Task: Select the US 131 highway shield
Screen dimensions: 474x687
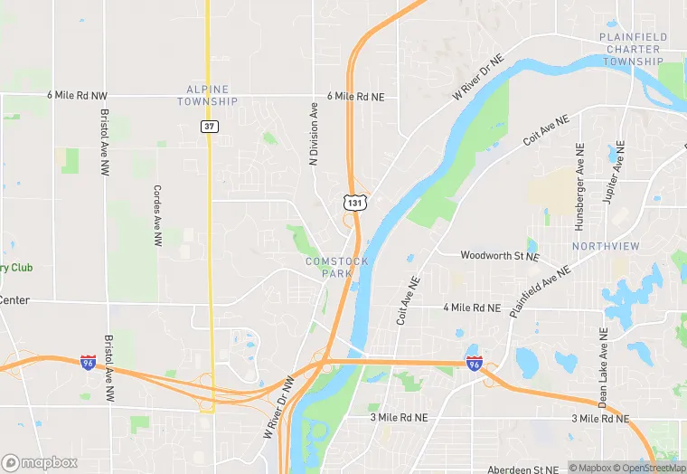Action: tap(356, 204)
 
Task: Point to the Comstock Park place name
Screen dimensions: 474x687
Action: tap(336, 267)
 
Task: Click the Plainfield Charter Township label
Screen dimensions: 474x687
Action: tap(633, 49)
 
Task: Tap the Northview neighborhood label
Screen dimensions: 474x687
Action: tap(606, 246)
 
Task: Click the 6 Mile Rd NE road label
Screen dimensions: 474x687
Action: tap(356, 96)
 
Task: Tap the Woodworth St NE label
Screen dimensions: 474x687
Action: tap(500, 256)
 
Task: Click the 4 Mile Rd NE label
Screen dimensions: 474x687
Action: tap(472, 308)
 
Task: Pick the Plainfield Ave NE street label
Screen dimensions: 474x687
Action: tap(540, 290)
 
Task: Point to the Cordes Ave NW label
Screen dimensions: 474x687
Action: tap(157, 216)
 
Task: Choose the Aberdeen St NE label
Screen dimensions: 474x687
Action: tap(523, 469)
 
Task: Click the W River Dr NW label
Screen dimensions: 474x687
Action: tap(280, 406)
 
